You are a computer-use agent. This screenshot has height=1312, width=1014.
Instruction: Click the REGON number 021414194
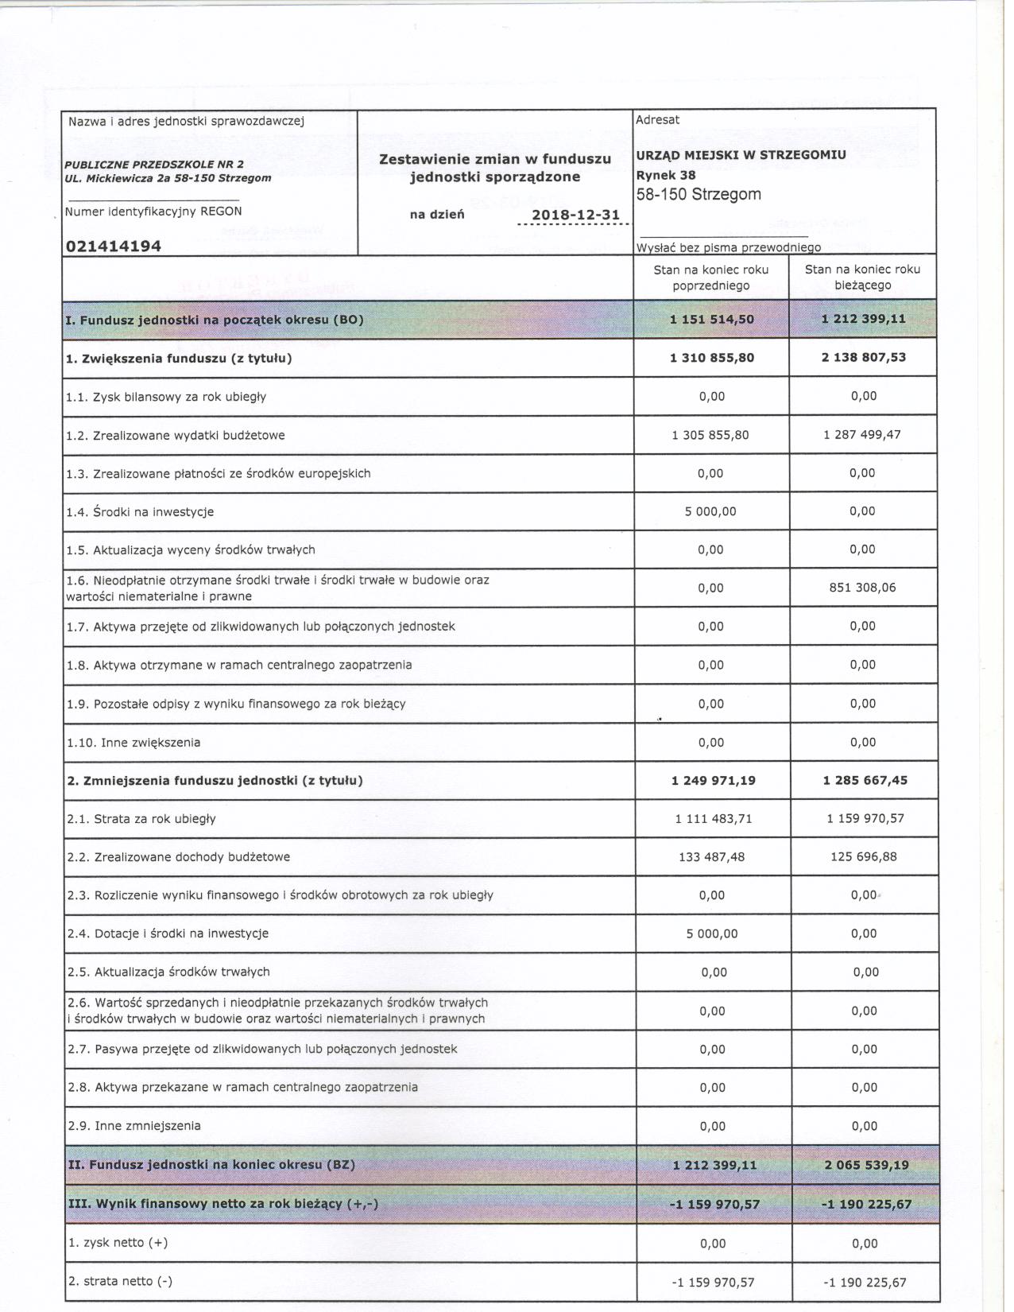114,246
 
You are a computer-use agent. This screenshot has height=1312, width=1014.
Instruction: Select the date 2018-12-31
575,215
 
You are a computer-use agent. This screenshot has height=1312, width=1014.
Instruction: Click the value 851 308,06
863,588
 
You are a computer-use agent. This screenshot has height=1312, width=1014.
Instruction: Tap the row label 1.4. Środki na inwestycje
140,512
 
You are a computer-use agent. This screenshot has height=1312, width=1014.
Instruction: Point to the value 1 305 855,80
710,435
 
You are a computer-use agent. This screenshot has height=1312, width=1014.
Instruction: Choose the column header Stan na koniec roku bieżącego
862,278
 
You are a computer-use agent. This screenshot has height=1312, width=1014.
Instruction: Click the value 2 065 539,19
865,1165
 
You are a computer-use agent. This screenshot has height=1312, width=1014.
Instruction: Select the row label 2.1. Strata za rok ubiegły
141,819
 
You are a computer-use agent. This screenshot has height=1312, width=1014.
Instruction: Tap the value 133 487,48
711,857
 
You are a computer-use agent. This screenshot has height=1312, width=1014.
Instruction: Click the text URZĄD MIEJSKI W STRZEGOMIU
741,155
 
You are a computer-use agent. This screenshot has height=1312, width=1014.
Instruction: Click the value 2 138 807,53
864,357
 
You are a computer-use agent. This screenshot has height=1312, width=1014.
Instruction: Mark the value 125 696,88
864,857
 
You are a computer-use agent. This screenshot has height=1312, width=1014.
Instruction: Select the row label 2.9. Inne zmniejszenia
134,1126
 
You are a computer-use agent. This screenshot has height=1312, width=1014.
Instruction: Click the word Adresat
657,120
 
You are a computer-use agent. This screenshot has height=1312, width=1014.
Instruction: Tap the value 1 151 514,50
712,320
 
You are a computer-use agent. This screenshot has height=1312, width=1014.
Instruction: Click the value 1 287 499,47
862,435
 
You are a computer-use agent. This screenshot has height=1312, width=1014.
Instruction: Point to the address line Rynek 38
666,175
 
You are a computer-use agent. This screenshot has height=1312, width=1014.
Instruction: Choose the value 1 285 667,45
865,780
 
